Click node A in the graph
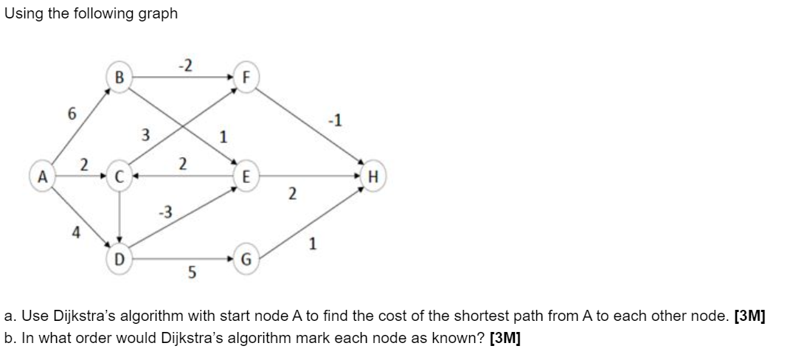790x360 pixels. click(43, 177)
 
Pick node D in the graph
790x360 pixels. click(119, 258)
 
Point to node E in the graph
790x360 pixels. click(246, 177)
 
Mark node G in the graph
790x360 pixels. click(246, 259)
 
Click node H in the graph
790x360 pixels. click(372, 177)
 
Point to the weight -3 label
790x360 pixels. click(165, 212)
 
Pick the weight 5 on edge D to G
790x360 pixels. click(191, 274)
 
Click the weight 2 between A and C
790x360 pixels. click(84, 165)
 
